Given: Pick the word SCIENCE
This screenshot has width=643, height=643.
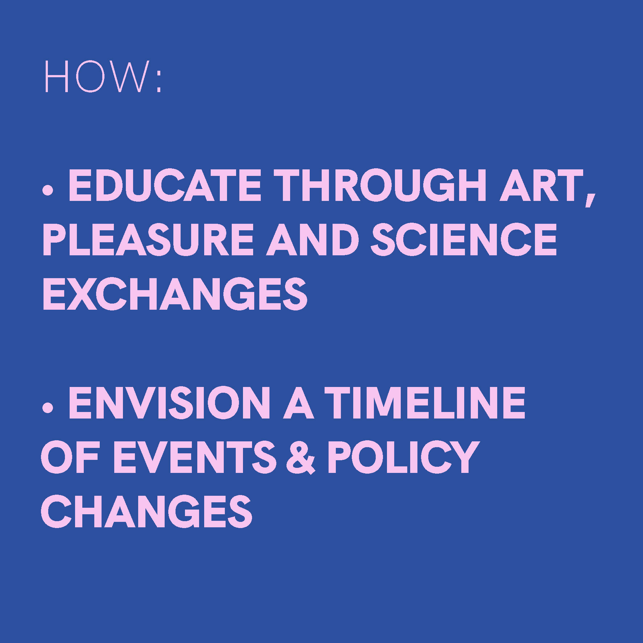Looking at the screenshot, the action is click(464, 239).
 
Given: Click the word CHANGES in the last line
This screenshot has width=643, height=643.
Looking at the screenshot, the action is click(147, 511).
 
